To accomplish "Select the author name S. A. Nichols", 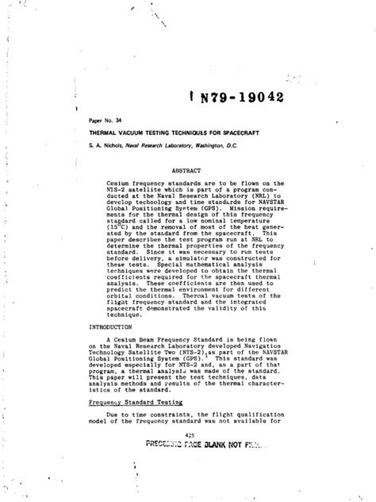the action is coord(106,147).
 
